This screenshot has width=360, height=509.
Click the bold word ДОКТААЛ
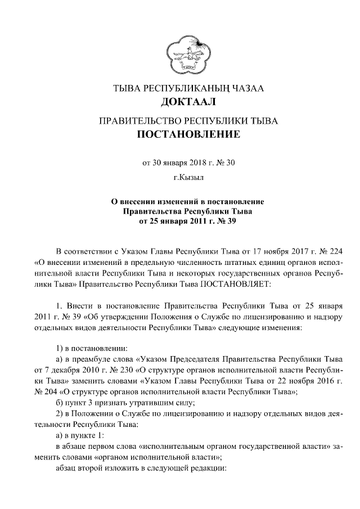coord(188,103)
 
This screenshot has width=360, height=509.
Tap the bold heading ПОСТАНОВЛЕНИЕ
coord(188,135)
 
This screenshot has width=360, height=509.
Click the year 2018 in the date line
coord(195,164)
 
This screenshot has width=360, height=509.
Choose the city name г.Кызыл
coord(188,178)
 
